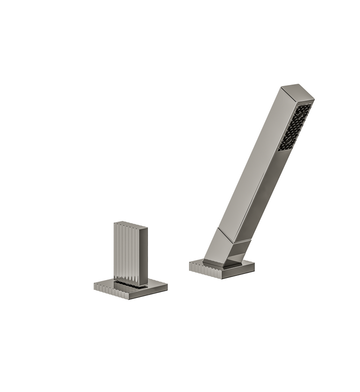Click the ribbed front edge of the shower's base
pyautogui.click(x=205, y=268)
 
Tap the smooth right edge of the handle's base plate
pyautogui.click(x=149, y=292)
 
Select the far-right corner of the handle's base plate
pyautogui.click(x=167, y=286)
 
